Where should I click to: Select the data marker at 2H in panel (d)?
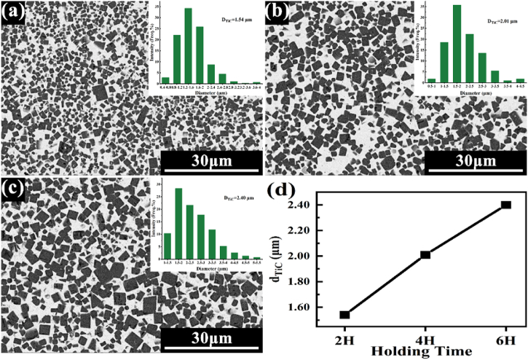(x=344, y=315)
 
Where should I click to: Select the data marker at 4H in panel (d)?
(x=425, y=254)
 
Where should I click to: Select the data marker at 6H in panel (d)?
(x=506, y=205)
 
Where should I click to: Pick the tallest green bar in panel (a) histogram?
(x=188, y=44)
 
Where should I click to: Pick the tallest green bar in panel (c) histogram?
(x=178, y=222)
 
